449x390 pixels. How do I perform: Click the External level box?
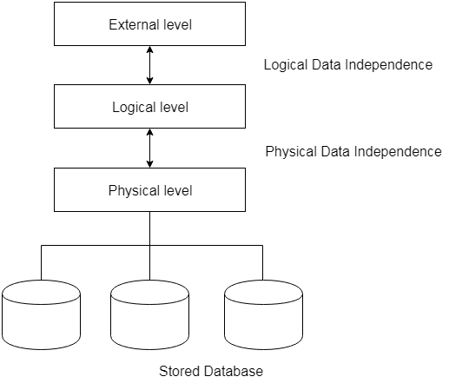click(149, 24)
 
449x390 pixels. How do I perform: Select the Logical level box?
click(149, 106)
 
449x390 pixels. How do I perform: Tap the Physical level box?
click(149, 189)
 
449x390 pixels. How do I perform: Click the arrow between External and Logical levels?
click(149, 65)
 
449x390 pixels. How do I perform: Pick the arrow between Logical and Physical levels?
click(149, 148)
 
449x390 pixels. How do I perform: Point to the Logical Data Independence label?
click(348, 65)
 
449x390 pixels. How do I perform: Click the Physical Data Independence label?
click(353, 152)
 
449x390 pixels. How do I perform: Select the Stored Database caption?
click(211, 371)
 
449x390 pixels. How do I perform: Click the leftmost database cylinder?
click(41, 314)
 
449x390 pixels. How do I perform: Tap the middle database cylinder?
click(149, 314)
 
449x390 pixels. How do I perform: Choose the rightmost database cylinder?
click(263, 314)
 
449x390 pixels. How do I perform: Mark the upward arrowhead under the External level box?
click(149, 50)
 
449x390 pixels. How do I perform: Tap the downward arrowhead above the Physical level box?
click(149, 164)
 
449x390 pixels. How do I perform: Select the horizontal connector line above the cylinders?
click(152, 246)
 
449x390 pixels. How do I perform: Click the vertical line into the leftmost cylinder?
click(41, 262)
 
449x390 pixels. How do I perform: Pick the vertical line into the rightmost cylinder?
click(262, 262)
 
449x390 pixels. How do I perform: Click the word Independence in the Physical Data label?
click(398, 152)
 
